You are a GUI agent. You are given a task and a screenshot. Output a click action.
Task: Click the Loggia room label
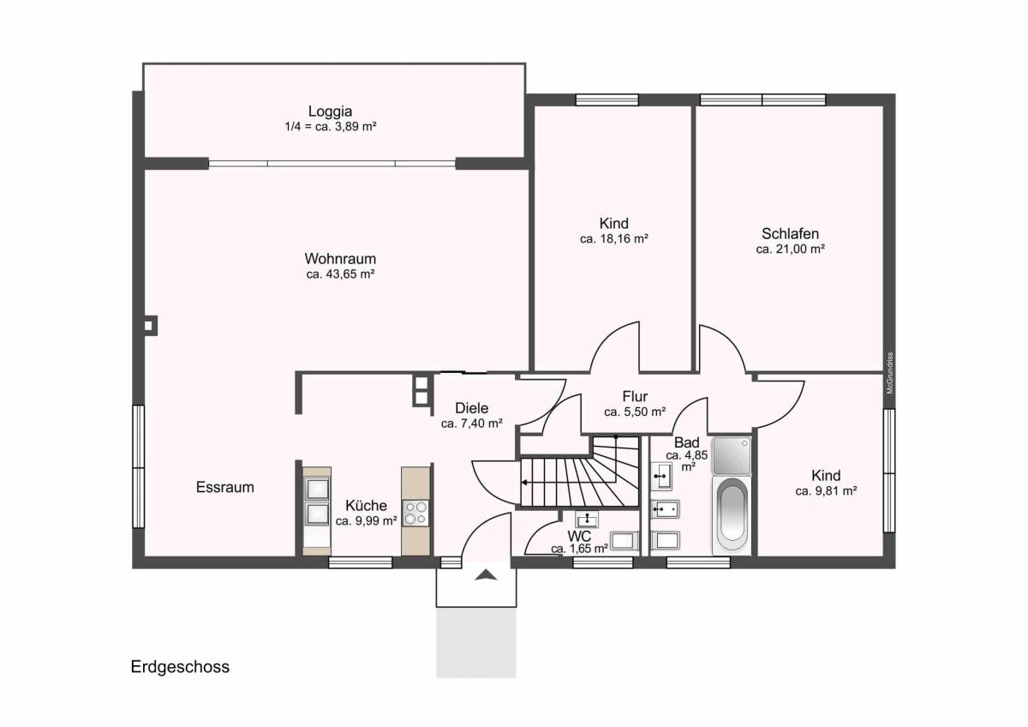pyautogui.click(x=330, y=111)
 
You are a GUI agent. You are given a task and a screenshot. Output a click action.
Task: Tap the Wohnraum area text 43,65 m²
pyautogui.click(x=340, y=274)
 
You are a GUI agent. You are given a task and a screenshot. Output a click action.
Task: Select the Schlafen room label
pyautogui.click(x=790, y=234)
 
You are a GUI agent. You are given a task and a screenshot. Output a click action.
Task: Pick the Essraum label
pyautogui.click(x=224, y=487)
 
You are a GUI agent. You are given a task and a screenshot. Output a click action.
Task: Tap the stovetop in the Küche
pyautogui.click(x=415, y=513)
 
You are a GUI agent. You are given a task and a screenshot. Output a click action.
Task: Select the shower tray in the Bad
pyautogui.click(x=732, y=455)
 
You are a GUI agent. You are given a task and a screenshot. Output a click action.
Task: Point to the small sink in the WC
pyautogui.click(x=587, y=520)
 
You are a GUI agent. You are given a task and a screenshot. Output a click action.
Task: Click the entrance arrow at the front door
pyautogui.click(x=486, y=574)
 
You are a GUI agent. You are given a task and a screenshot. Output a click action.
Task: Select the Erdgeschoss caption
pyautogui.click(x=180, y=666)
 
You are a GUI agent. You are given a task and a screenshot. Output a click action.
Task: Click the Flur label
pyautogui.click(x=635, y=396)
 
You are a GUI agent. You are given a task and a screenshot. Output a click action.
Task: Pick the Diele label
pyautogui.click(x=472, y=408)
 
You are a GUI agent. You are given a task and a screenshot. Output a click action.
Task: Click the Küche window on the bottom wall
pyautogui.click(x=361, y=562)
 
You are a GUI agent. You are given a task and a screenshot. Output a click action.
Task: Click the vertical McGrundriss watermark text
pyautogui.click(x=890, y=373)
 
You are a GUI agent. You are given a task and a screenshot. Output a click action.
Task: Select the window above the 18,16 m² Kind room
pyautogui.click(x=607, y=99)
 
